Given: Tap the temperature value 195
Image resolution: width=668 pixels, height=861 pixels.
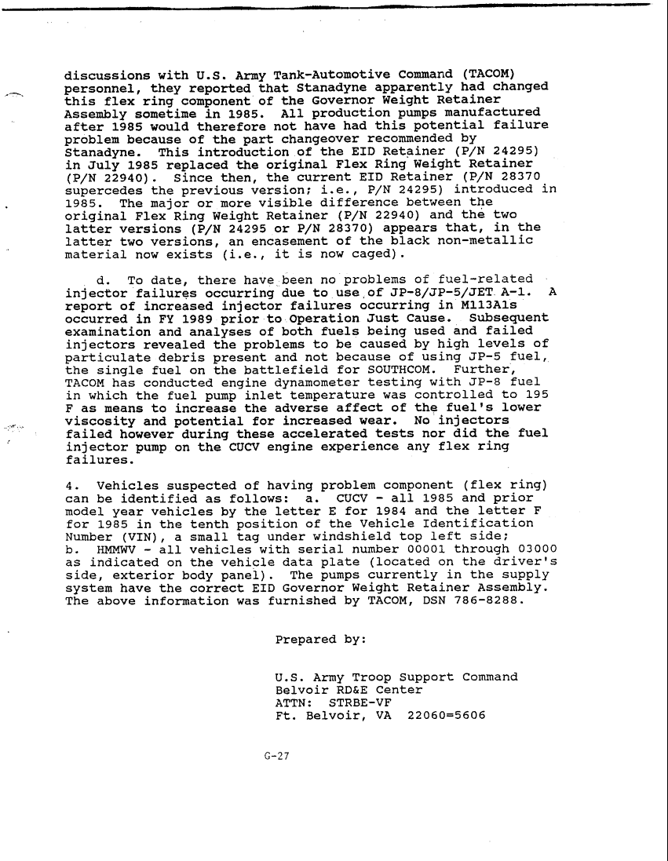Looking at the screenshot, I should pos(534,394).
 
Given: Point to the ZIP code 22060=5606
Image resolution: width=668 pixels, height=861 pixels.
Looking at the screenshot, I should pos(443,715).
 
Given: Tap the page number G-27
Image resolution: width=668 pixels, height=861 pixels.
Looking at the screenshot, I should pos(278,757).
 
